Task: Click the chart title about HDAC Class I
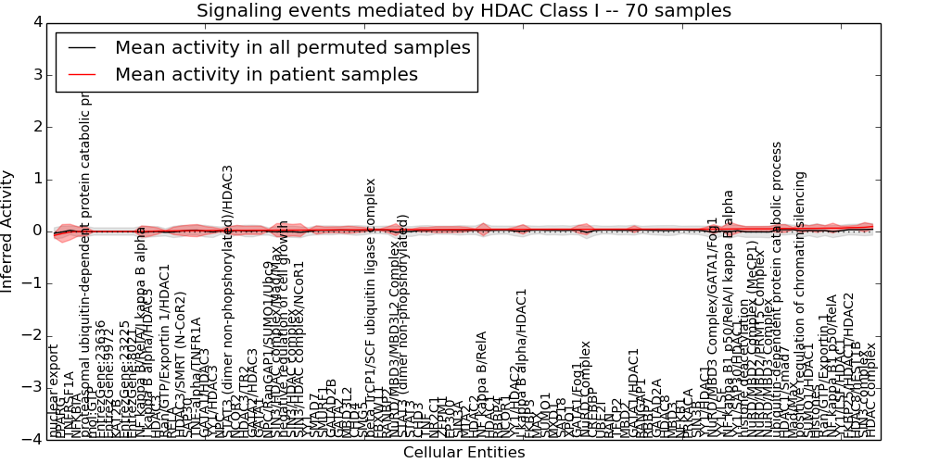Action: (463, 11)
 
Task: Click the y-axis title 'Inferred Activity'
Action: (8, 231)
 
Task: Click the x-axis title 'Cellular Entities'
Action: (463, 453)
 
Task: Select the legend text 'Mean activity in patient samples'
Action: (266, 75)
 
